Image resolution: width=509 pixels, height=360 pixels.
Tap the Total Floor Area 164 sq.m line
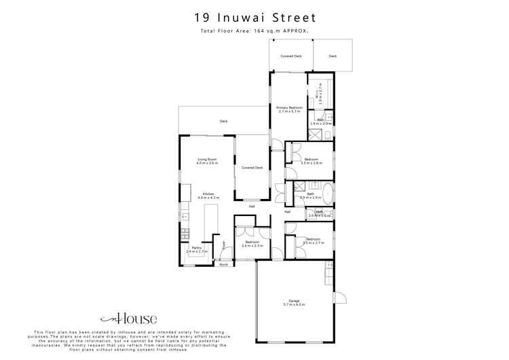254,31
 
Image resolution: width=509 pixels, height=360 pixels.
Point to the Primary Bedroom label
290,109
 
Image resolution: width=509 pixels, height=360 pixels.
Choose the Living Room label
207,161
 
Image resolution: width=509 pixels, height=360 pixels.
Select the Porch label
224,265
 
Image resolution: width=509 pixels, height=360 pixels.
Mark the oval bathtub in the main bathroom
326,194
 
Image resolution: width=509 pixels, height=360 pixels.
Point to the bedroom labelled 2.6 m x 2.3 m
252,244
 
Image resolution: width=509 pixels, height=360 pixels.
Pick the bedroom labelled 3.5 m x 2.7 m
313,240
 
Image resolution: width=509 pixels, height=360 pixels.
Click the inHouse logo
128,318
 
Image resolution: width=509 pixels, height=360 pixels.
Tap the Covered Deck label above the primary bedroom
291,56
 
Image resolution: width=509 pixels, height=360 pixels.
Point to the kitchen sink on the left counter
184,234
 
